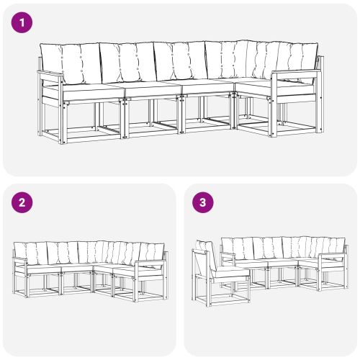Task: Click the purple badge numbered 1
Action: click(23, 22)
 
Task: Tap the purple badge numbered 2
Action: click(23, 203)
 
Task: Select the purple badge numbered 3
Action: click(204, 203)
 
